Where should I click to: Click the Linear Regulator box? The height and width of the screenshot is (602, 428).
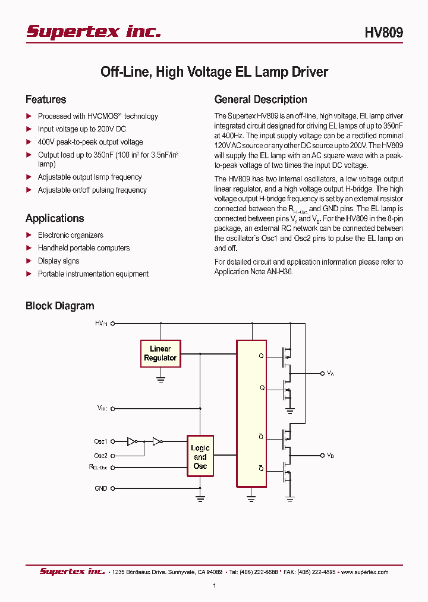[160, 353]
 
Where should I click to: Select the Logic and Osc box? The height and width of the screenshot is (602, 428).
[200, 457]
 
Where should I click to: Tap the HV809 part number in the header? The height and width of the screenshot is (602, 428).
[383, 33]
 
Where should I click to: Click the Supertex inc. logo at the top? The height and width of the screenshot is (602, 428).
[93, 32]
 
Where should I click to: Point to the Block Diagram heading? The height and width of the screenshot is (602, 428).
[59, 306]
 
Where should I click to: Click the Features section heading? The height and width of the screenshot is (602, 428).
[46, 99]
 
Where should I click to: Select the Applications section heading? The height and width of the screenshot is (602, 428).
[55, 218]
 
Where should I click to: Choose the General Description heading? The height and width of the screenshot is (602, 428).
[260, 99]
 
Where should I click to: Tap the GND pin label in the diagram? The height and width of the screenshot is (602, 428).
[101, 488]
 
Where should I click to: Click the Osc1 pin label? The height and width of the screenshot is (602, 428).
[100, 441]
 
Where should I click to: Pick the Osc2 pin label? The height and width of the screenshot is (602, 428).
[100, 456]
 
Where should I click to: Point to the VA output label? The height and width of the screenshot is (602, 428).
[331, 373]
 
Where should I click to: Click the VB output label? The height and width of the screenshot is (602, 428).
[331, 455]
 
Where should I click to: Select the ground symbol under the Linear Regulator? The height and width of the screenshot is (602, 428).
[160, 378]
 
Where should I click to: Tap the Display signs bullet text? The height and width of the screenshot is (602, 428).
[58, 261]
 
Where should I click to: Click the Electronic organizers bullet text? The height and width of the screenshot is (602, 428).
[70, 235]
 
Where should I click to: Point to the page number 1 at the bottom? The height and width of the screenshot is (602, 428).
[214, 586]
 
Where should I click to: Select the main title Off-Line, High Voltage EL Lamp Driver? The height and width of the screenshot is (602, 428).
[214, 72]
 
